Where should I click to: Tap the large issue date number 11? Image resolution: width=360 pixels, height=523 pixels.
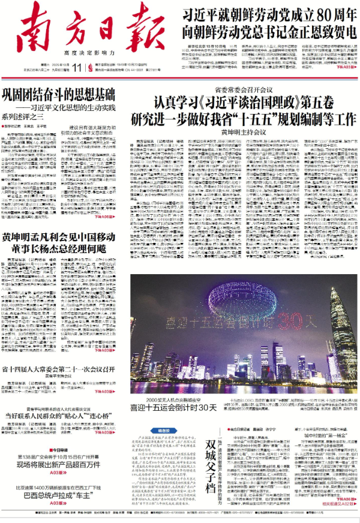(78, 67)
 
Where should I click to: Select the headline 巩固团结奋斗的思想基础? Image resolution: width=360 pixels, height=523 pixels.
(58, 96)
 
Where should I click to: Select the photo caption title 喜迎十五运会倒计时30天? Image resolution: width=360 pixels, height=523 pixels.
(173, 407)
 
